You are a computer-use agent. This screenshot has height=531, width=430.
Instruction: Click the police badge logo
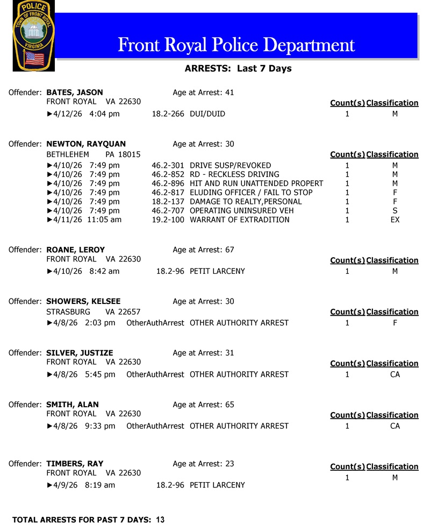tap(33, 36)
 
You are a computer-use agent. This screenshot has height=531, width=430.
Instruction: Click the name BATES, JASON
tap(75, 93)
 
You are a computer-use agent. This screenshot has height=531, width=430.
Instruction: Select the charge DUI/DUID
tap(207, 114)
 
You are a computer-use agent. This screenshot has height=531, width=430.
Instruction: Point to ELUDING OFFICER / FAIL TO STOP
tap(251, 193)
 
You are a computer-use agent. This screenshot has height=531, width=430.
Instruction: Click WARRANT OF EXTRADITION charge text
tap(240, 220)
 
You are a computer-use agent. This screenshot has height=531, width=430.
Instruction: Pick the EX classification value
tap(395, 220)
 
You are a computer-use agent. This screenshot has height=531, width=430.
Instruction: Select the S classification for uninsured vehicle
tap(395, 211)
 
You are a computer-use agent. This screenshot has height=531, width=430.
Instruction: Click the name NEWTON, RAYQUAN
tap(86, 144)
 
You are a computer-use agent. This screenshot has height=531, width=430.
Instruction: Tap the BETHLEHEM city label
tap(68, 154)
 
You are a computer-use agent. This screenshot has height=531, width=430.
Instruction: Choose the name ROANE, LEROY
tap(76, 250)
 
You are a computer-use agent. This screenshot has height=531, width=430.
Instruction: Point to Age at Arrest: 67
tap(203, 250)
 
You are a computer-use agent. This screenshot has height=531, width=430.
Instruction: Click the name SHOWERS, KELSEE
tap(83, 301)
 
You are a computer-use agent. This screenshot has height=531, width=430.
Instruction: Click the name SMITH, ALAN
tap(73, 405)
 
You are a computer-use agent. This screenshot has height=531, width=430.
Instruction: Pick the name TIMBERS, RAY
tap(75, 464)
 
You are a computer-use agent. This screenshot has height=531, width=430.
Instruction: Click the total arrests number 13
tap(160, 520)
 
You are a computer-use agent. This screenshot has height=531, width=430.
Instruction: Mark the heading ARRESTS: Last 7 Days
tap(238, 68)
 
